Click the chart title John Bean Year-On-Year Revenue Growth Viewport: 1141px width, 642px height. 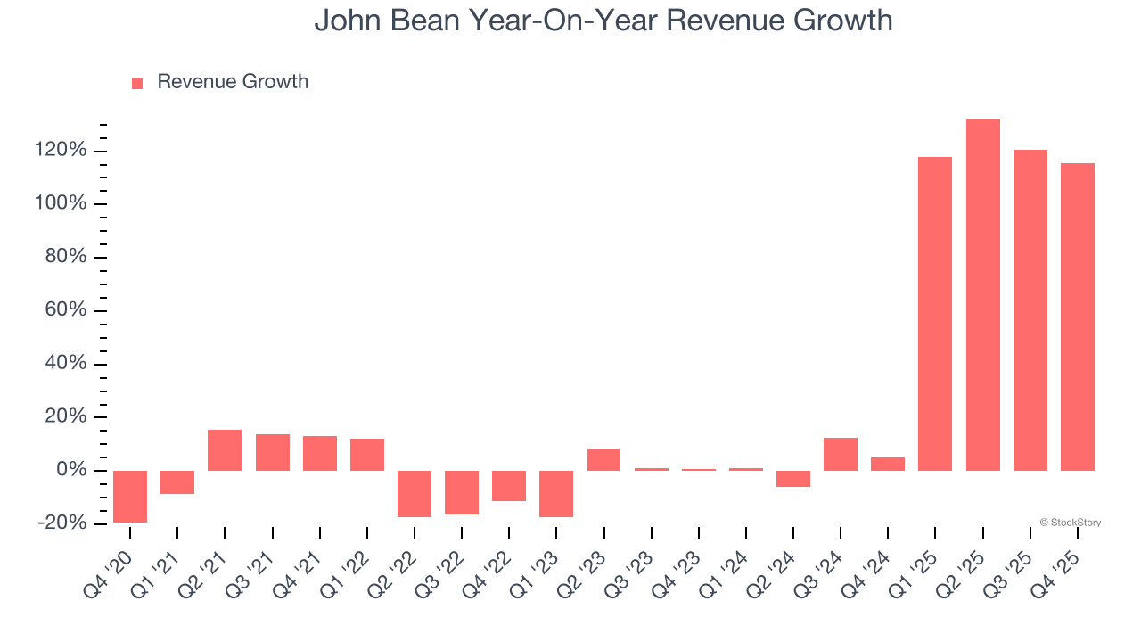(x=603, y=21)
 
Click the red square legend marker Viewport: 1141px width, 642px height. (x=137, y=84)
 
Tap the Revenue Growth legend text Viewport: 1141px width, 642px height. (x=233, y=82)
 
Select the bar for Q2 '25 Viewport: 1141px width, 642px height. (x=982, y=294)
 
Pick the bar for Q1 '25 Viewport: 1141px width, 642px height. (x=935, y=314)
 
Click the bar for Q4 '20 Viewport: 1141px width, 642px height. (x=130, y=496)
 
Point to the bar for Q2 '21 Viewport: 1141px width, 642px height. (x=225, y=450)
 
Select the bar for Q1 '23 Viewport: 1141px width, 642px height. (x=556, y=493)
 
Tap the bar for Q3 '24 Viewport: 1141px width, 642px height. (x=841, y=454)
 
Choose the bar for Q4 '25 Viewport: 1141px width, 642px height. (x=1077, y=317)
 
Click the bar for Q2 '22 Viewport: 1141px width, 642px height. (x=415, y=493)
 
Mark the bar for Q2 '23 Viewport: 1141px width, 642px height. (x=603, y=459)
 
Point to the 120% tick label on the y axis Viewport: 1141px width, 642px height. (x=62, y=151)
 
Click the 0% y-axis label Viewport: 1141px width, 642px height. (x=72, y=471)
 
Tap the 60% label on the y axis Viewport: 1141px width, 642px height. (x=67, y=310)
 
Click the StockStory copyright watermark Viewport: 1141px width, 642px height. (x=1070, y=523)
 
